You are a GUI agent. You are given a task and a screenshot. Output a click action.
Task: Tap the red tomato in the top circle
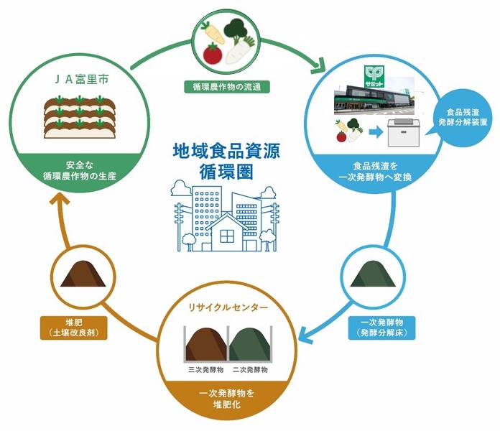(x=212, y=52)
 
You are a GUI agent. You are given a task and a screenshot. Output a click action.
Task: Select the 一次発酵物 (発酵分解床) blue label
(x=372, y=328)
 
